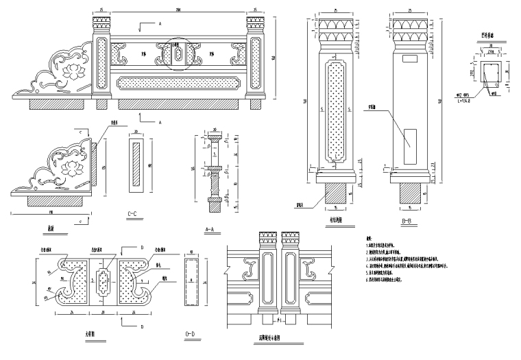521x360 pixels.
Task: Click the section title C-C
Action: click(x=134, y=214)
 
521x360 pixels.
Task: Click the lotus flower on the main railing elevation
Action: click(x=71, y=69)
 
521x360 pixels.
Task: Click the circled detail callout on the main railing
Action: click(x=178, y=53)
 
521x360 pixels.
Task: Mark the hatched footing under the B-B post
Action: click(x=409, y=194)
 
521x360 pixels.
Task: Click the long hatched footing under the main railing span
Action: click(x=181, y=104)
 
